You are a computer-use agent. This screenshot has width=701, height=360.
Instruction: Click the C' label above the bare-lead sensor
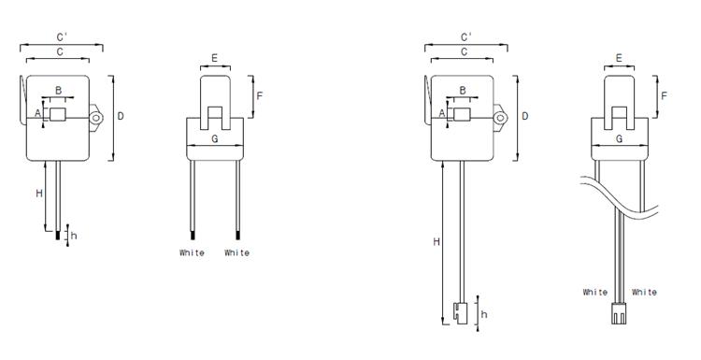point(62,37)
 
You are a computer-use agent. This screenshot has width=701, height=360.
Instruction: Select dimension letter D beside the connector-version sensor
point(525,116)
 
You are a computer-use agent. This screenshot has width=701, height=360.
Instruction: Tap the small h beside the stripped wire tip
point(74,236)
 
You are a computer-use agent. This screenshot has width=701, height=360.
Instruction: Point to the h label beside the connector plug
point(484,314)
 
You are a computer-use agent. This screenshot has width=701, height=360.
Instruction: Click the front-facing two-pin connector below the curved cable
point(619,313)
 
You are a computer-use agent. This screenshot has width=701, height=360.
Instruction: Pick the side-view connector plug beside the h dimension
point(461,313)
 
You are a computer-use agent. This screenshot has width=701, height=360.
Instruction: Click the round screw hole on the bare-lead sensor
point(95,118)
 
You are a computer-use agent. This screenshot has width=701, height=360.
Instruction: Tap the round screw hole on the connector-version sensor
point(500,118)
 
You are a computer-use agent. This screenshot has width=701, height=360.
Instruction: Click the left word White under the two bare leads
point(192,252)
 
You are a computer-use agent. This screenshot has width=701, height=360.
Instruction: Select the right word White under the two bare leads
point(237,252)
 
